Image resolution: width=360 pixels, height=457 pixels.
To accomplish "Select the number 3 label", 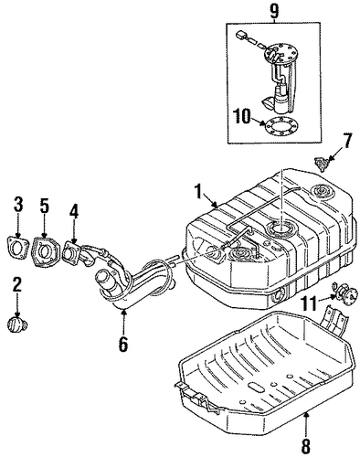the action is tap(18, 205).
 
